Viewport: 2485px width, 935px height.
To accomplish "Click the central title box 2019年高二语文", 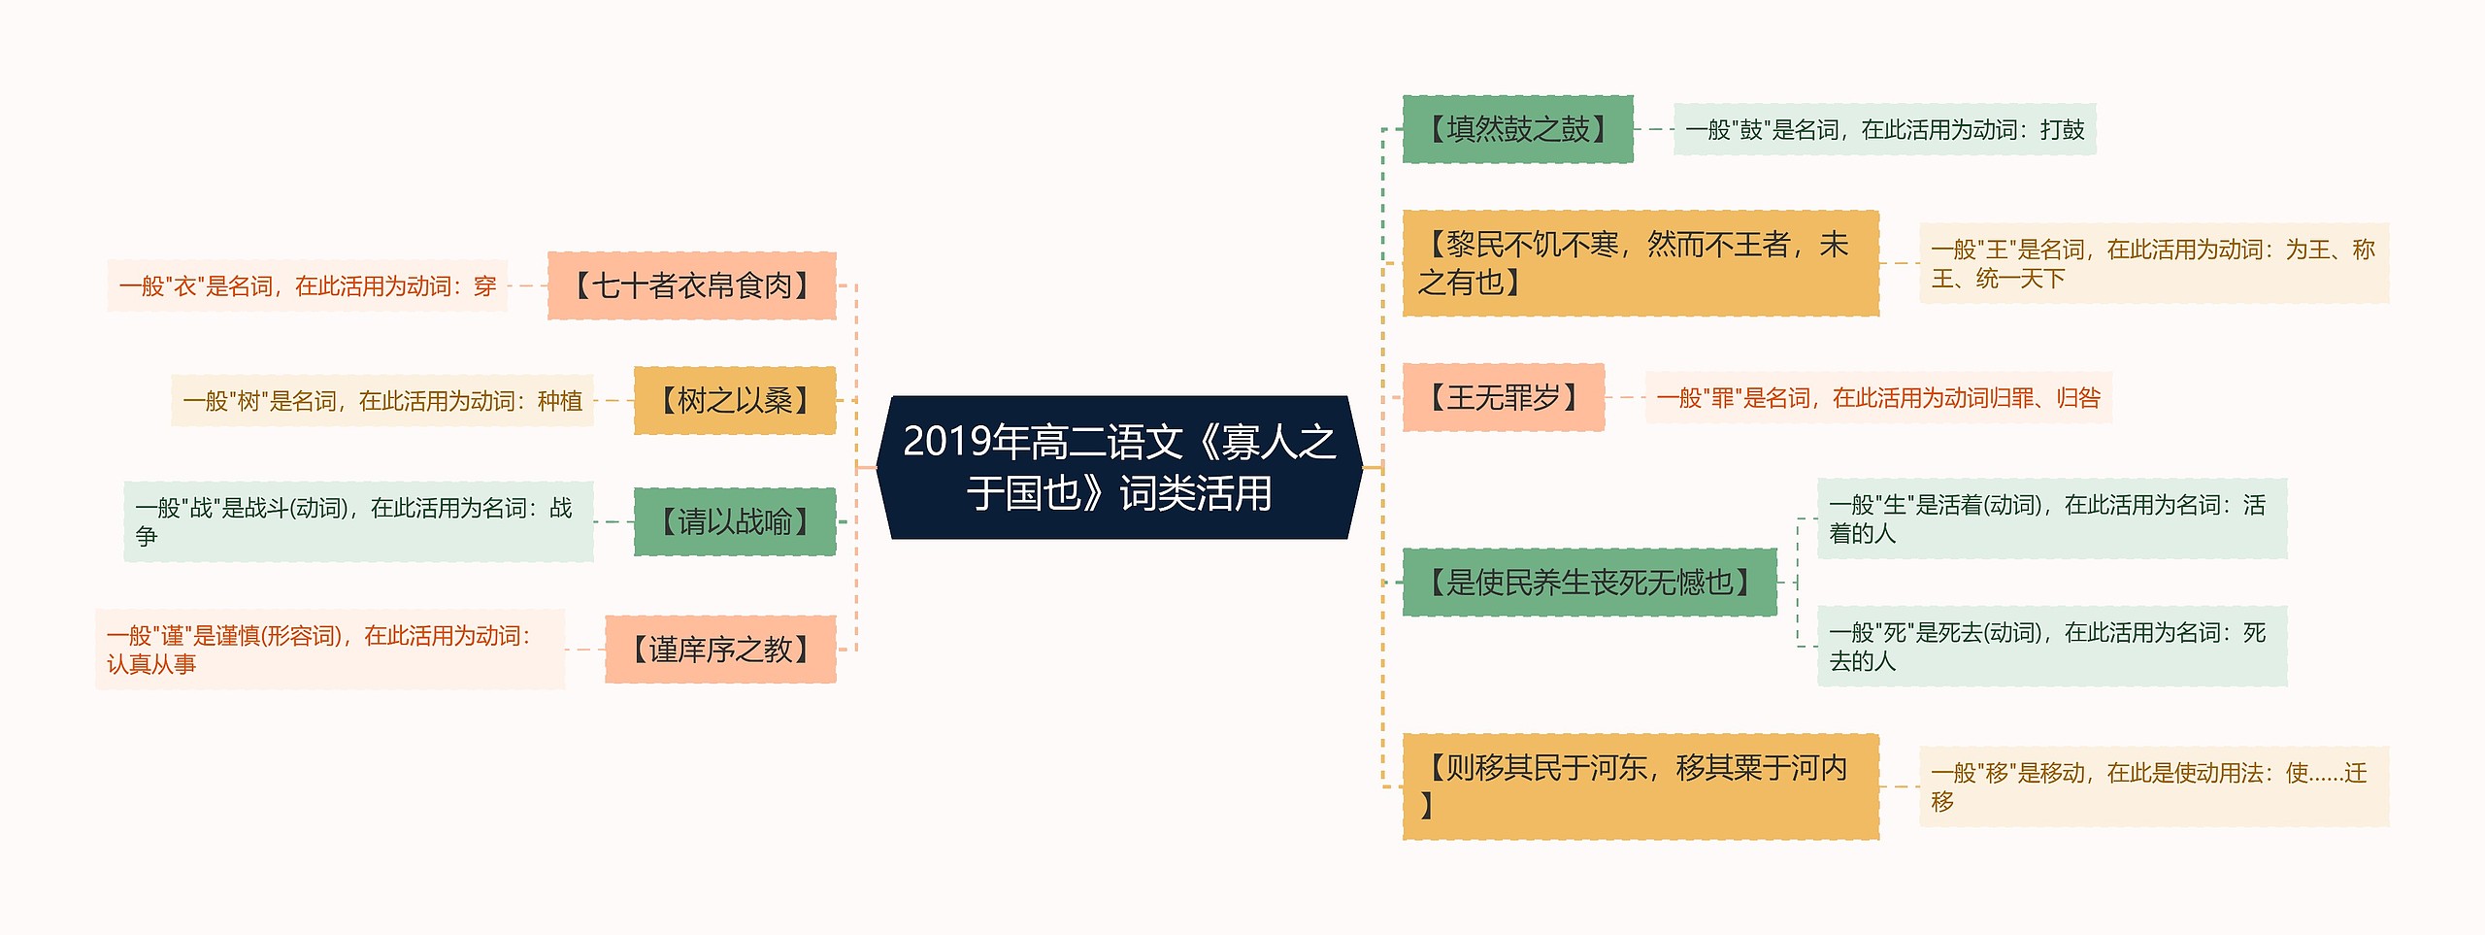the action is tap(1119, 467).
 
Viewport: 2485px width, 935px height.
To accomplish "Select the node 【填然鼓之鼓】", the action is tap(1517, 129).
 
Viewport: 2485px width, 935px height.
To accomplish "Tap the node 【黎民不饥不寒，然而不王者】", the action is tap(1640, 263).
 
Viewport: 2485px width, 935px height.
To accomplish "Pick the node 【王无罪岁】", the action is tap(1503, 397).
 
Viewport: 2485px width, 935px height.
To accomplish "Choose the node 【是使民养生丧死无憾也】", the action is tap(1589, 582).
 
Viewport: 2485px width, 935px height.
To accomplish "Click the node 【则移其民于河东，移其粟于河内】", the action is tap(1640, 785).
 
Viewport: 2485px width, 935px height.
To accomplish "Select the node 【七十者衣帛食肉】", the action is tap(691, 285).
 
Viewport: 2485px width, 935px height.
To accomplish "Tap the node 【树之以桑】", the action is tap(734, 400).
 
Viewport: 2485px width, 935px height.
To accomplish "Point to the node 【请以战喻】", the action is tap(734, 521).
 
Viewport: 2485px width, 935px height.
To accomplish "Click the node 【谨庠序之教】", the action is tap(719, 649).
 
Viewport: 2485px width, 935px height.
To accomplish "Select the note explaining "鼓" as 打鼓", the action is tap(1884, 129).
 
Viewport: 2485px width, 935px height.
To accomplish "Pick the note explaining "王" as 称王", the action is tap(2153, 263).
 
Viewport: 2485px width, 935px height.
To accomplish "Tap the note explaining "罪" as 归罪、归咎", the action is tap(1877, 397).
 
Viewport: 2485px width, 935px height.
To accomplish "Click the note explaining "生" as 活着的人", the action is tap(2051, 518).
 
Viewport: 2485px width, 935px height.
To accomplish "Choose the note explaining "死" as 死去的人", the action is tap(2051, 646).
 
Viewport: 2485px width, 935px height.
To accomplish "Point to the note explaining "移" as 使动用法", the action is tap(2153, 786).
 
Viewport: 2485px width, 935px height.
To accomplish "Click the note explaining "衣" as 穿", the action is tap(308, 285).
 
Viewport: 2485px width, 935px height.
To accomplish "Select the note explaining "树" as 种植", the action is tap(382, 400).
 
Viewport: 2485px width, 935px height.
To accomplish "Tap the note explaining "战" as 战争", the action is tap(358, 521).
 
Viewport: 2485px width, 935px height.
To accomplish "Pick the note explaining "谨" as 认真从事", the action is tap(330, 649).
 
